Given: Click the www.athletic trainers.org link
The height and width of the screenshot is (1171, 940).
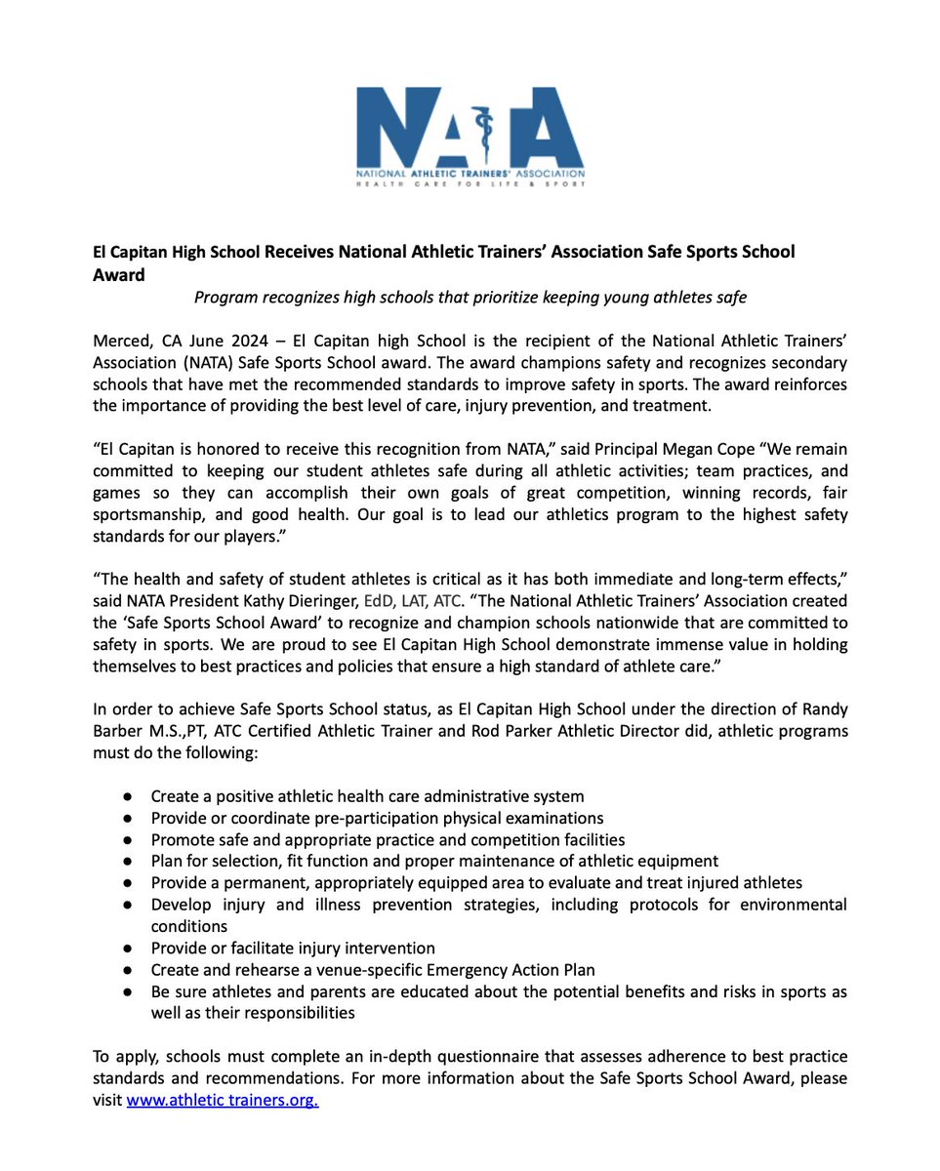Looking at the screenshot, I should click(x=223, y=1101).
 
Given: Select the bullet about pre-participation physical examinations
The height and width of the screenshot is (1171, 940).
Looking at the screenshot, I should click(x=377, y=818).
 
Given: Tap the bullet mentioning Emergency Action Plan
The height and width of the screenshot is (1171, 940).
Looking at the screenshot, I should click(x=372, y=970).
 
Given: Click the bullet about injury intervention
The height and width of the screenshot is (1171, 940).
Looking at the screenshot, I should click(x=293, y=948).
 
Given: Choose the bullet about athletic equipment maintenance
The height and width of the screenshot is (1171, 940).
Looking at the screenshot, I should click(x=434, y=861).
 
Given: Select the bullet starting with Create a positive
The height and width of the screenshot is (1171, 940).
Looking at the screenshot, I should click(x=367, y=796).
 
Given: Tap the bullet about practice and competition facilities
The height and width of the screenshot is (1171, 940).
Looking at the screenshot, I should click(x=388, y=839).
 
